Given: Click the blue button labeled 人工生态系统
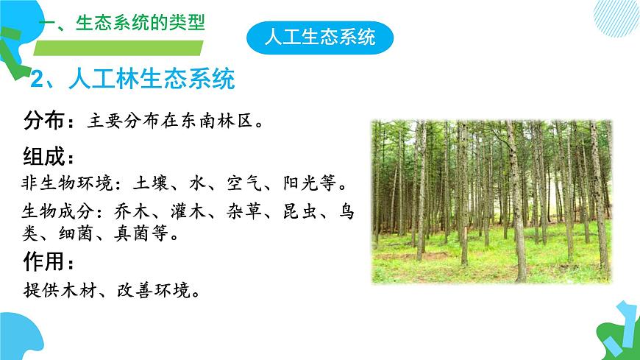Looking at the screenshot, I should pos(319,35).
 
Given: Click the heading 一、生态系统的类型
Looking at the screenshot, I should pos(121,23).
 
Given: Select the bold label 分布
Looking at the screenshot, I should pos(45,119).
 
